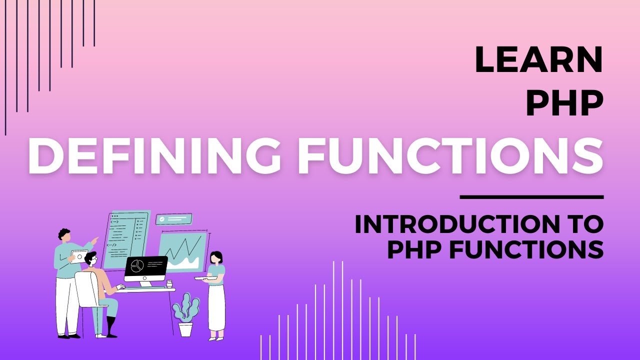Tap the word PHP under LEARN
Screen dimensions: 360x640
coord(564,104)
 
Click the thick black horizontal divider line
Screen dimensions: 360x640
coord(531,197)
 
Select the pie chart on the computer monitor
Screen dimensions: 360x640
coord(137,266)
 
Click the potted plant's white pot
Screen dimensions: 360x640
coord(185,329)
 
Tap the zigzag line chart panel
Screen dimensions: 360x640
coord(182,251)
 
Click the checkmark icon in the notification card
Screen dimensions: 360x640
coord(161,218)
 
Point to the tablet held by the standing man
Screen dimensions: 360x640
coord(78,256)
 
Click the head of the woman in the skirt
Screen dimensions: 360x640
coord(216,257)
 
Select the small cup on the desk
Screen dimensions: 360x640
coord(169,284)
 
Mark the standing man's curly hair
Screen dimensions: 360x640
coord(63,233)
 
